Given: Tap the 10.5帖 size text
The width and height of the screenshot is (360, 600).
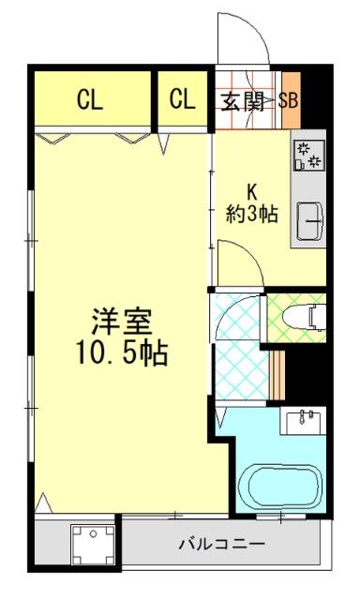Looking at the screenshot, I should coord(122,353).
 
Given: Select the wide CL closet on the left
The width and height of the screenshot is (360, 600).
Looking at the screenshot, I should coord(90,99).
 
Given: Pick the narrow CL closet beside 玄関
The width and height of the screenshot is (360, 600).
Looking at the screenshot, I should coord(183,99).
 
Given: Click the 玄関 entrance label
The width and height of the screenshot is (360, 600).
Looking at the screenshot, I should coord(242,100).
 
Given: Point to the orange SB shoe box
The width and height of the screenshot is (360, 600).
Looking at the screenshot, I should coord(289,100).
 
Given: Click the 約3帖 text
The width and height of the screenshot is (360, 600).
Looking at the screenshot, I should coord(252,213).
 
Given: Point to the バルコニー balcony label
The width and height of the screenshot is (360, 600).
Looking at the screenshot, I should coord(222,544).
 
